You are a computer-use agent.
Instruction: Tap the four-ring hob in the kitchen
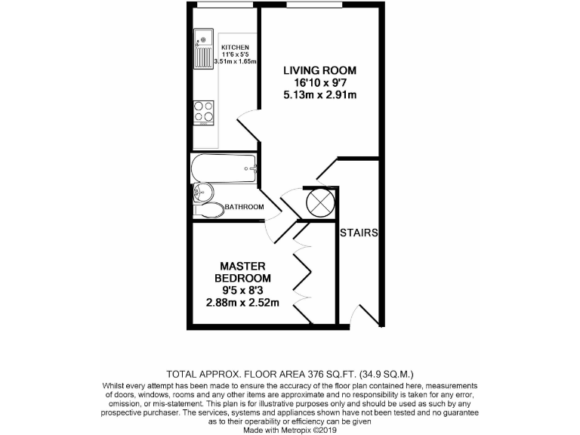[204, 112]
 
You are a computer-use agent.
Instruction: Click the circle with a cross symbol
[319, 202]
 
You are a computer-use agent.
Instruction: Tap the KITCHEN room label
[235, 48]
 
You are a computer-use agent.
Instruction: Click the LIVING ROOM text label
[319, 70]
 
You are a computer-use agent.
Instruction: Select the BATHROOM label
[243, 207]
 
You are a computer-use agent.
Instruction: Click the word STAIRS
[359, 233]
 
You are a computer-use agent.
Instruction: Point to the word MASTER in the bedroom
[242, 266]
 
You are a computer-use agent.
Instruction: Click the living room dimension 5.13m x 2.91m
[319, 94]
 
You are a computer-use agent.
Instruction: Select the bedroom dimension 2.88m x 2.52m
[242, 303]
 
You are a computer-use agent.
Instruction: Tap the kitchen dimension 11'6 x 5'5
[235, 54]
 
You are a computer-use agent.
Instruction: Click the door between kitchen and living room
[247, 121]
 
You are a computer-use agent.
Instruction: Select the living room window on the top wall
[313, 5]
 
